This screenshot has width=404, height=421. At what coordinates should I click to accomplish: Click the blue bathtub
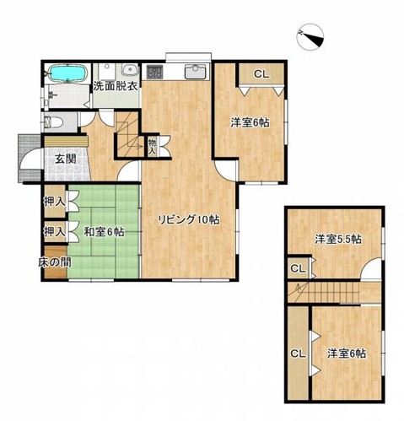(x=67, y=73)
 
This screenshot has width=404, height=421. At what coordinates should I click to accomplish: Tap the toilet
(x=53, y=121)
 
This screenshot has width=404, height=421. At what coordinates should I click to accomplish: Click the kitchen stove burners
(x=154, y=72)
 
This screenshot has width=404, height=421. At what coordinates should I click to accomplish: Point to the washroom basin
(x=129, y=69)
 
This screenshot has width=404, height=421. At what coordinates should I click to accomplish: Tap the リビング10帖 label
(x=189, y=219)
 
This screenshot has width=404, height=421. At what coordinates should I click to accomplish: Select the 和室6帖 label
(x=104, y=232)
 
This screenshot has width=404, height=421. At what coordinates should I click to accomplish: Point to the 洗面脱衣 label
(x=116, y=86)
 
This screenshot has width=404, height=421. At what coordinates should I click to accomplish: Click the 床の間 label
(x=55, y=262)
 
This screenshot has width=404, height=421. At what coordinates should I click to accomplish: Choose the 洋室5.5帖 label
(x=338, y=240)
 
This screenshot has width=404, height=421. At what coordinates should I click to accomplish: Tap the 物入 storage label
(x=152, y=146)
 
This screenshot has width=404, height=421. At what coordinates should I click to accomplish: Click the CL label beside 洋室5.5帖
(x=298, y=269)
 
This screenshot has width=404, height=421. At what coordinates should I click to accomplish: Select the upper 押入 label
(x=55, y=202)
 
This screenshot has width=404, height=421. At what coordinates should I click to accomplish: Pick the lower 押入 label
(x=55, y=231)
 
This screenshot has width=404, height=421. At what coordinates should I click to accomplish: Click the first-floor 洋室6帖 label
(x=250, y=122)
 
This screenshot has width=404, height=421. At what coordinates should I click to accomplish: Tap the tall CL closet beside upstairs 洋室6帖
(x=299, y=353)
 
